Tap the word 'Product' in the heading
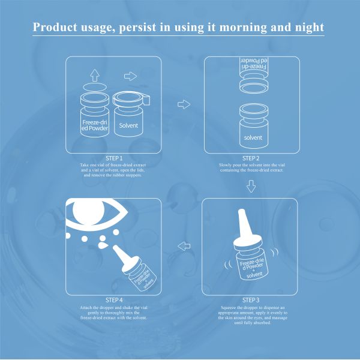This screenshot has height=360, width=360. tap(55, 27)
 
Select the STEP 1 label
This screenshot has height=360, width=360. tap(114, 158)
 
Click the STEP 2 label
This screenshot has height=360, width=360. tap(251, 158)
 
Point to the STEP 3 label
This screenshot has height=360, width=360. tap(251, 300)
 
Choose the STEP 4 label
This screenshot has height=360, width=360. tap(114, 300)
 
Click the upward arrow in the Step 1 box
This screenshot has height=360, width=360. tap(95, 75)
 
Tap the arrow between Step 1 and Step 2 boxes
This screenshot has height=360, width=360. tap(184, 104)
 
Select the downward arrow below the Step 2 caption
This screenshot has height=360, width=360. tap(251, 186)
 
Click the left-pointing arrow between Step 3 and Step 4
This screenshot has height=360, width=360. tap(184, 247)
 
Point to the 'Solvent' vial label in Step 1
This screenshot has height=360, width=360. tap(128, 125)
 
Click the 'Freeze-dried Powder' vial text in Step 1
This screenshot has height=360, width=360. tap(95, 125)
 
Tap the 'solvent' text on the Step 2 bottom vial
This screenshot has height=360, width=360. tap(253, 137)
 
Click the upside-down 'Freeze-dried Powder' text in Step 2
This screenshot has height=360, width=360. tap(253, 64)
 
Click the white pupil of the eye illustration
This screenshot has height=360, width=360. tap(88, 211)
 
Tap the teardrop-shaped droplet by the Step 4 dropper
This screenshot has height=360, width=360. tap(103, 245)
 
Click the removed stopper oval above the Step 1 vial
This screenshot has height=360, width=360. tap(95, 88)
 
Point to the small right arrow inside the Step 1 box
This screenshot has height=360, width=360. tap(130, 76)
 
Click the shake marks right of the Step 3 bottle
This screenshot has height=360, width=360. tap(274, 252)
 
